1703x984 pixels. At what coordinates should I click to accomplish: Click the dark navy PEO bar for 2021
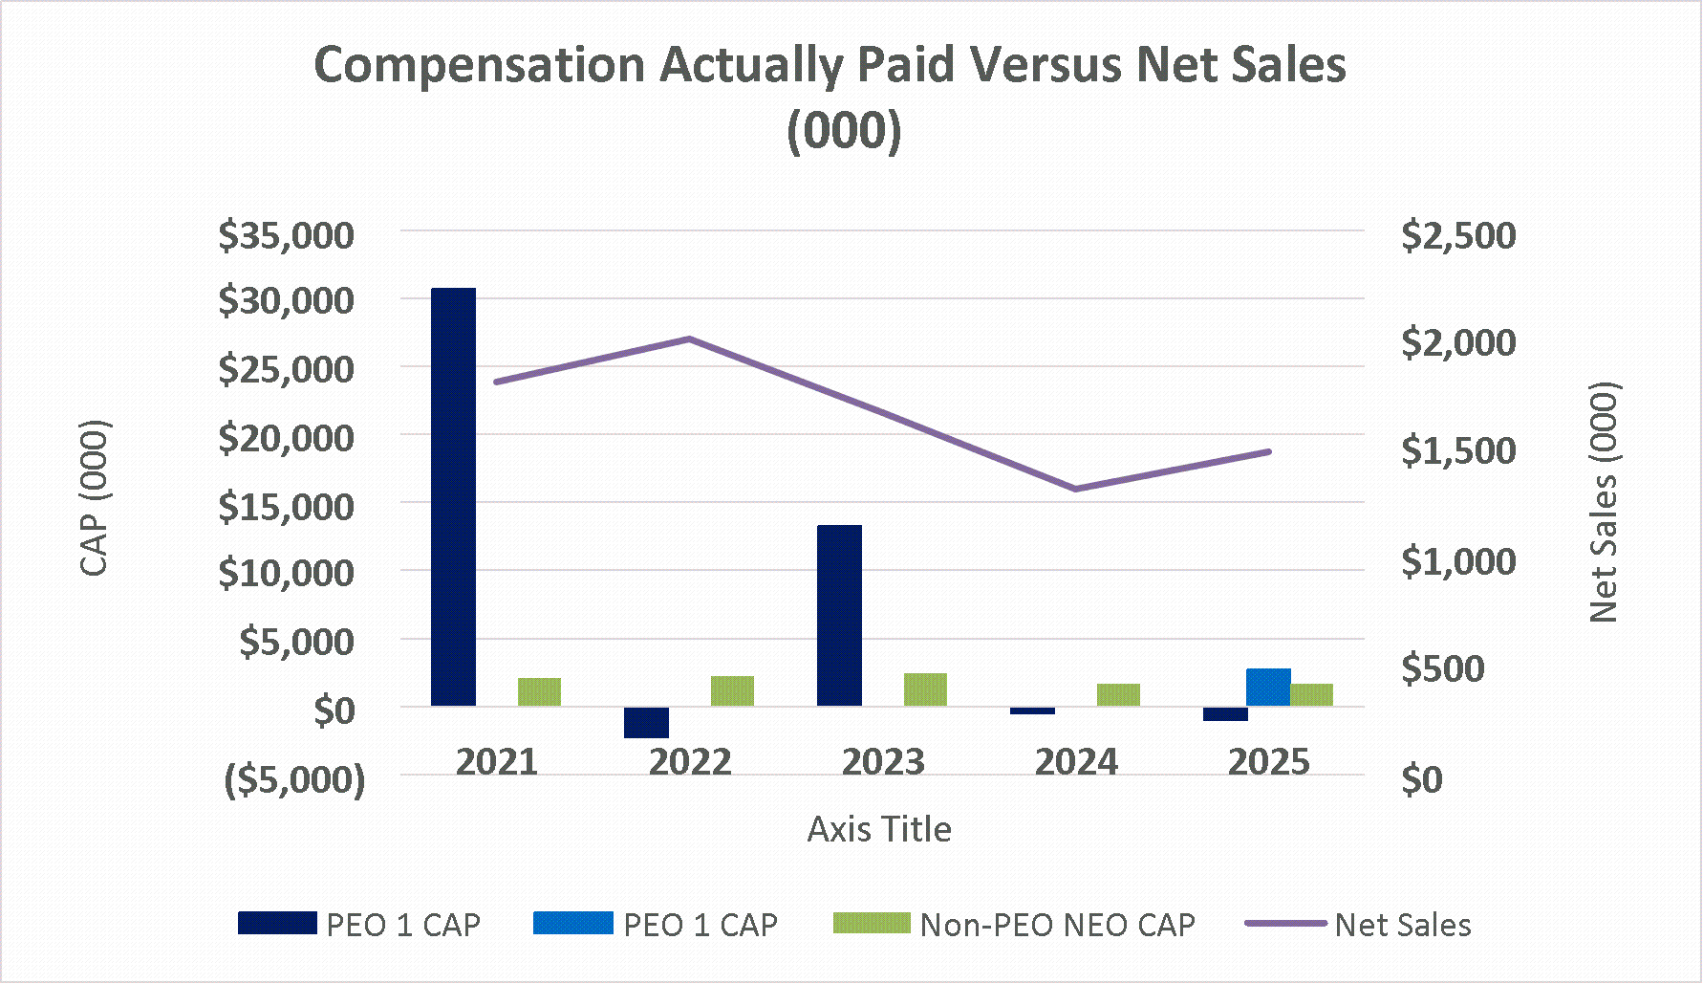point(453,497)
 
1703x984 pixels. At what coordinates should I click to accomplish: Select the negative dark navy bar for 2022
point(646,722)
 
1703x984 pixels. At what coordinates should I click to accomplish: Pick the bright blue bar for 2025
point(1268,688)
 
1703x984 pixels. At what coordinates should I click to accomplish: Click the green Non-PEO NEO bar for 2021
point(539,691)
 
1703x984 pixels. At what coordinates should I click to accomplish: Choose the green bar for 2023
point(925,689)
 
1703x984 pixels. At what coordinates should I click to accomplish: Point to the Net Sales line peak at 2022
point(689,339)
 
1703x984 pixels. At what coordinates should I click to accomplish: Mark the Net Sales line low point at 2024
point(1075,489)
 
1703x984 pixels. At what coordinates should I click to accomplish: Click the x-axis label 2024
point(1076,762)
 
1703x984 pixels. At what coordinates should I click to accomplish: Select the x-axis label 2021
point(497,762)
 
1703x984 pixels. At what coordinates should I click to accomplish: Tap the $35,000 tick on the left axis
point(286,235)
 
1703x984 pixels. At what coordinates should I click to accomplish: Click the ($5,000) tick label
point(294,780)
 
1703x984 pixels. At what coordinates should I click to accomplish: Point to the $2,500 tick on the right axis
point(1457,235)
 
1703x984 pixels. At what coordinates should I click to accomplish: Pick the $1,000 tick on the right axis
point(1457,561)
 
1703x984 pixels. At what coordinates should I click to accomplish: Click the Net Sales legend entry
point(1402,925)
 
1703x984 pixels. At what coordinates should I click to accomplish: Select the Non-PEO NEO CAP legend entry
point(1056,925)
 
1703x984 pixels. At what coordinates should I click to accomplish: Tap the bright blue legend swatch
point(573,924)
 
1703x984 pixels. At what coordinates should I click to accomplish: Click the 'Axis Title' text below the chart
point(879,829)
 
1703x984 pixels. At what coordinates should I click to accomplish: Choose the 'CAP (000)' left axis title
point(94,497)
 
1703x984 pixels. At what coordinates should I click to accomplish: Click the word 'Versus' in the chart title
point(1039,65)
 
